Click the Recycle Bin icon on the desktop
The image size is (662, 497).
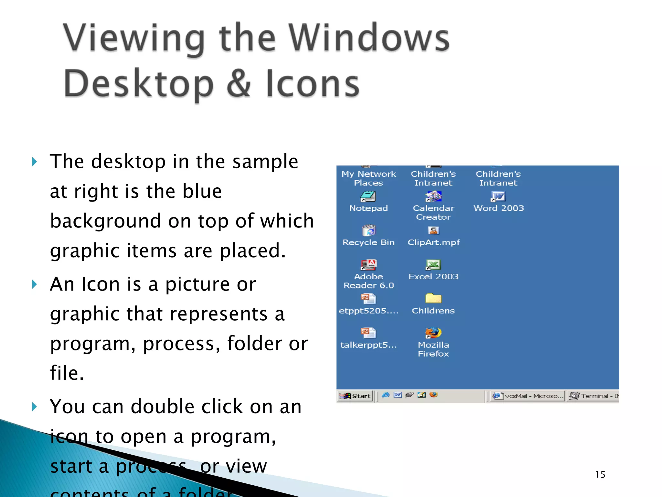[368, 230]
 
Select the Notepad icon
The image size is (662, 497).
[368, 196]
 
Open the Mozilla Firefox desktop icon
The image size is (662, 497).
[433, 333]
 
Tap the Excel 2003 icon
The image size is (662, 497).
[433, 265]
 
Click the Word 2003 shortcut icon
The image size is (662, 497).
[498, 196]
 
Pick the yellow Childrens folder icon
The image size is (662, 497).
[433, 298]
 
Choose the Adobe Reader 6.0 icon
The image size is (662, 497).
[368, 265]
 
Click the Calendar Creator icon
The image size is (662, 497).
[433, 196]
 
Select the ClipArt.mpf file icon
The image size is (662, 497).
[433, 230]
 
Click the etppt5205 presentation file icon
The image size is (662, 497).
[368, 298]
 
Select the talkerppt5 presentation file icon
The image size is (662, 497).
[368, 333]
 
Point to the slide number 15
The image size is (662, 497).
[600, 474]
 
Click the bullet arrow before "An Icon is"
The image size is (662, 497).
[35, 284]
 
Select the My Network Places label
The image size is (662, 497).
[368, 178]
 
